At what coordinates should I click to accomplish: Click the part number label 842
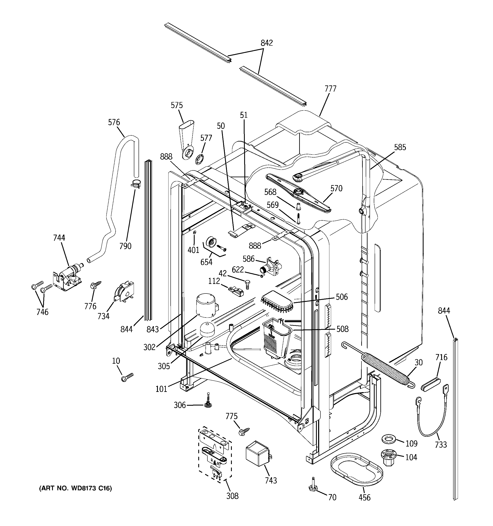[266, 43]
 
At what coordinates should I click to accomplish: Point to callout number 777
[330, 89]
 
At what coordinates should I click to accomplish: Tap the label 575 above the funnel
[177, 105]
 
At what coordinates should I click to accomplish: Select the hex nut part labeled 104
[388, 457]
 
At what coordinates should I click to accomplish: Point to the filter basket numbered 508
[276, 339]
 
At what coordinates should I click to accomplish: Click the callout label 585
[399, 147]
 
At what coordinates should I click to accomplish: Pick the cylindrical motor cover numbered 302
[206, 306]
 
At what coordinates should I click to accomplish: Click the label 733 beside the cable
[441, 445]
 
